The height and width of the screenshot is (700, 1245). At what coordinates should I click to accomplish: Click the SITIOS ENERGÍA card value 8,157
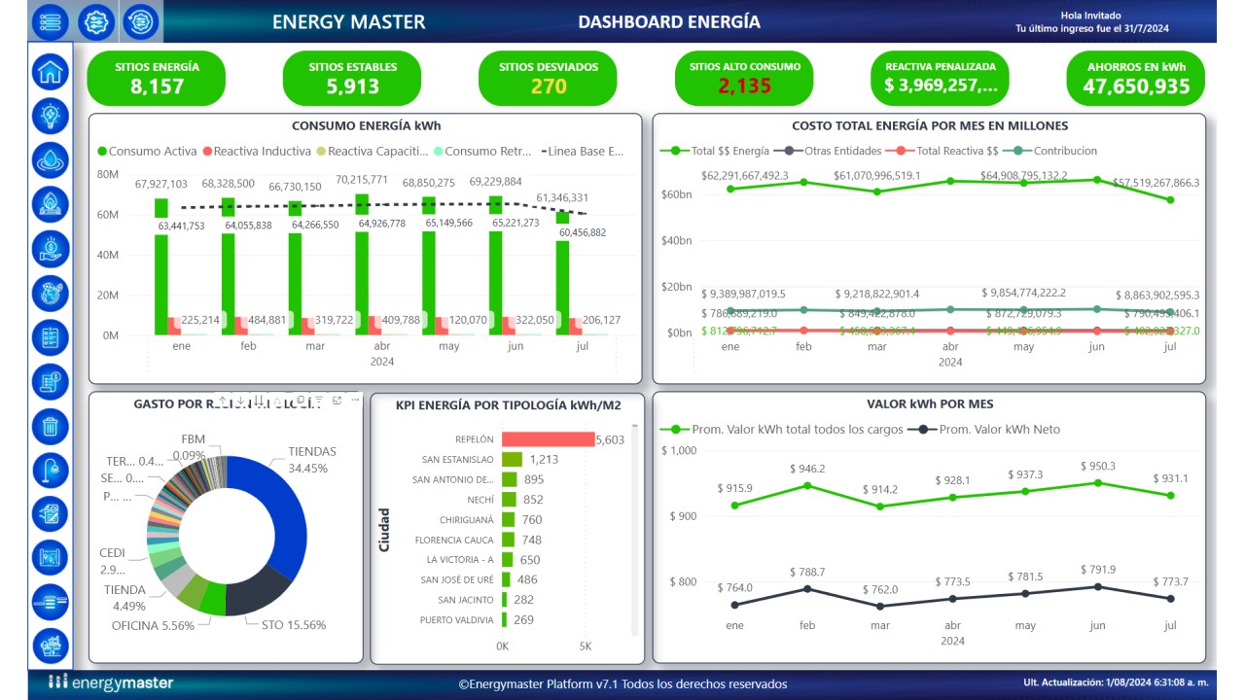(157, 87)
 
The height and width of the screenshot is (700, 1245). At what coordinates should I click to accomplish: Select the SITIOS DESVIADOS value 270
(549, 87)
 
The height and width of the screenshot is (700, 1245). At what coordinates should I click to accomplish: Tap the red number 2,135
(744, 87)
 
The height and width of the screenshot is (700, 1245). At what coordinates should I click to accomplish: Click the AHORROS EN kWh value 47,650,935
(1136, 87)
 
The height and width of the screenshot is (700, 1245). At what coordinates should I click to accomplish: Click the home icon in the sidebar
(50, 70)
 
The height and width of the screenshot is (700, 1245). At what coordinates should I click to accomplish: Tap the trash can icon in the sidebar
(50, 426)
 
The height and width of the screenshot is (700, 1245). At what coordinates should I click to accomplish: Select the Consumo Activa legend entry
(147, 152)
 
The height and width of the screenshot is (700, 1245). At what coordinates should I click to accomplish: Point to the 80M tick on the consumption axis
(107, 174)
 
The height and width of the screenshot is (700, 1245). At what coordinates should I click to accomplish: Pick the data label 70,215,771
(362, 180)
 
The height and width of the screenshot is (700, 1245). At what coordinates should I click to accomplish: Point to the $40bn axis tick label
(676, 241)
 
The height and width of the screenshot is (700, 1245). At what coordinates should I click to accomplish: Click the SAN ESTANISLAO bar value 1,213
(544, 460)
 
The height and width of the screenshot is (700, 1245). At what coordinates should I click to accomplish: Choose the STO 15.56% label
(294, 625)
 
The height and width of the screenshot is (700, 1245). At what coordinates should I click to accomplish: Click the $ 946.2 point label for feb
(807, 469)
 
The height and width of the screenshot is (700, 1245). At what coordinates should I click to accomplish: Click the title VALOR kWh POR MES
(929, 404)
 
